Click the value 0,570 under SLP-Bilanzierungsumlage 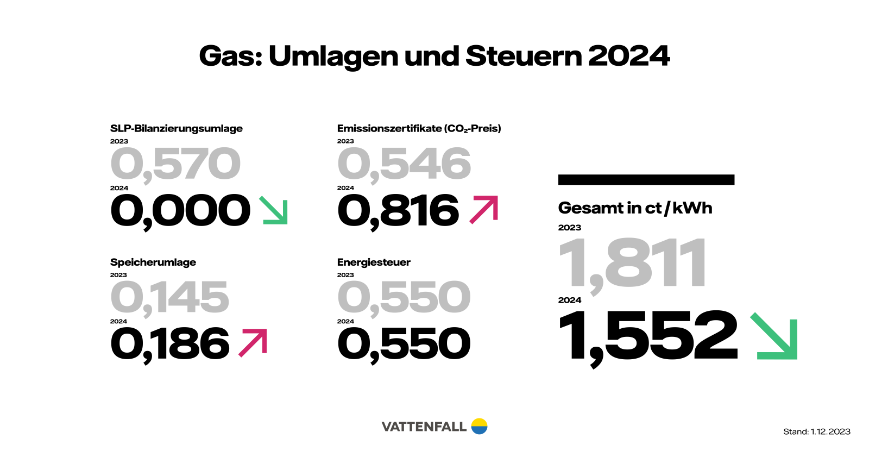tap(175, 164)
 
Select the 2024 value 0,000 tap(180, 211)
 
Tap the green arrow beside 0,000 tap(274, 210)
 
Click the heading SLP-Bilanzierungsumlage tap(176, 129)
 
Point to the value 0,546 tap(404, 164)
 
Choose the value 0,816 tap(398, 211)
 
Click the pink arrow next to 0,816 tap(484, 210)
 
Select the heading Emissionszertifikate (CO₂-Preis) tap(419, 129)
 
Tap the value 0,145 tap(169, 298)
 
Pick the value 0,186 tap(169, 345)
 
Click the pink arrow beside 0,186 tap(253, 343)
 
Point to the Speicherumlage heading tap(153, 262)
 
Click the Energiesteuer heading tap(374, 262)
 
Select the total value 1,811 tap(633, 264)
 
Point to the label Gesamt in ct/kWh tap(635, 208)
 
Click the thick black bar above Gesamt tap(646, 180)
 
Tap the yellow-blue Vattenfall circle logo tap(479, 427)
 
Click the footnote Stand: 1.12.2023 tap(816, 432)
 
